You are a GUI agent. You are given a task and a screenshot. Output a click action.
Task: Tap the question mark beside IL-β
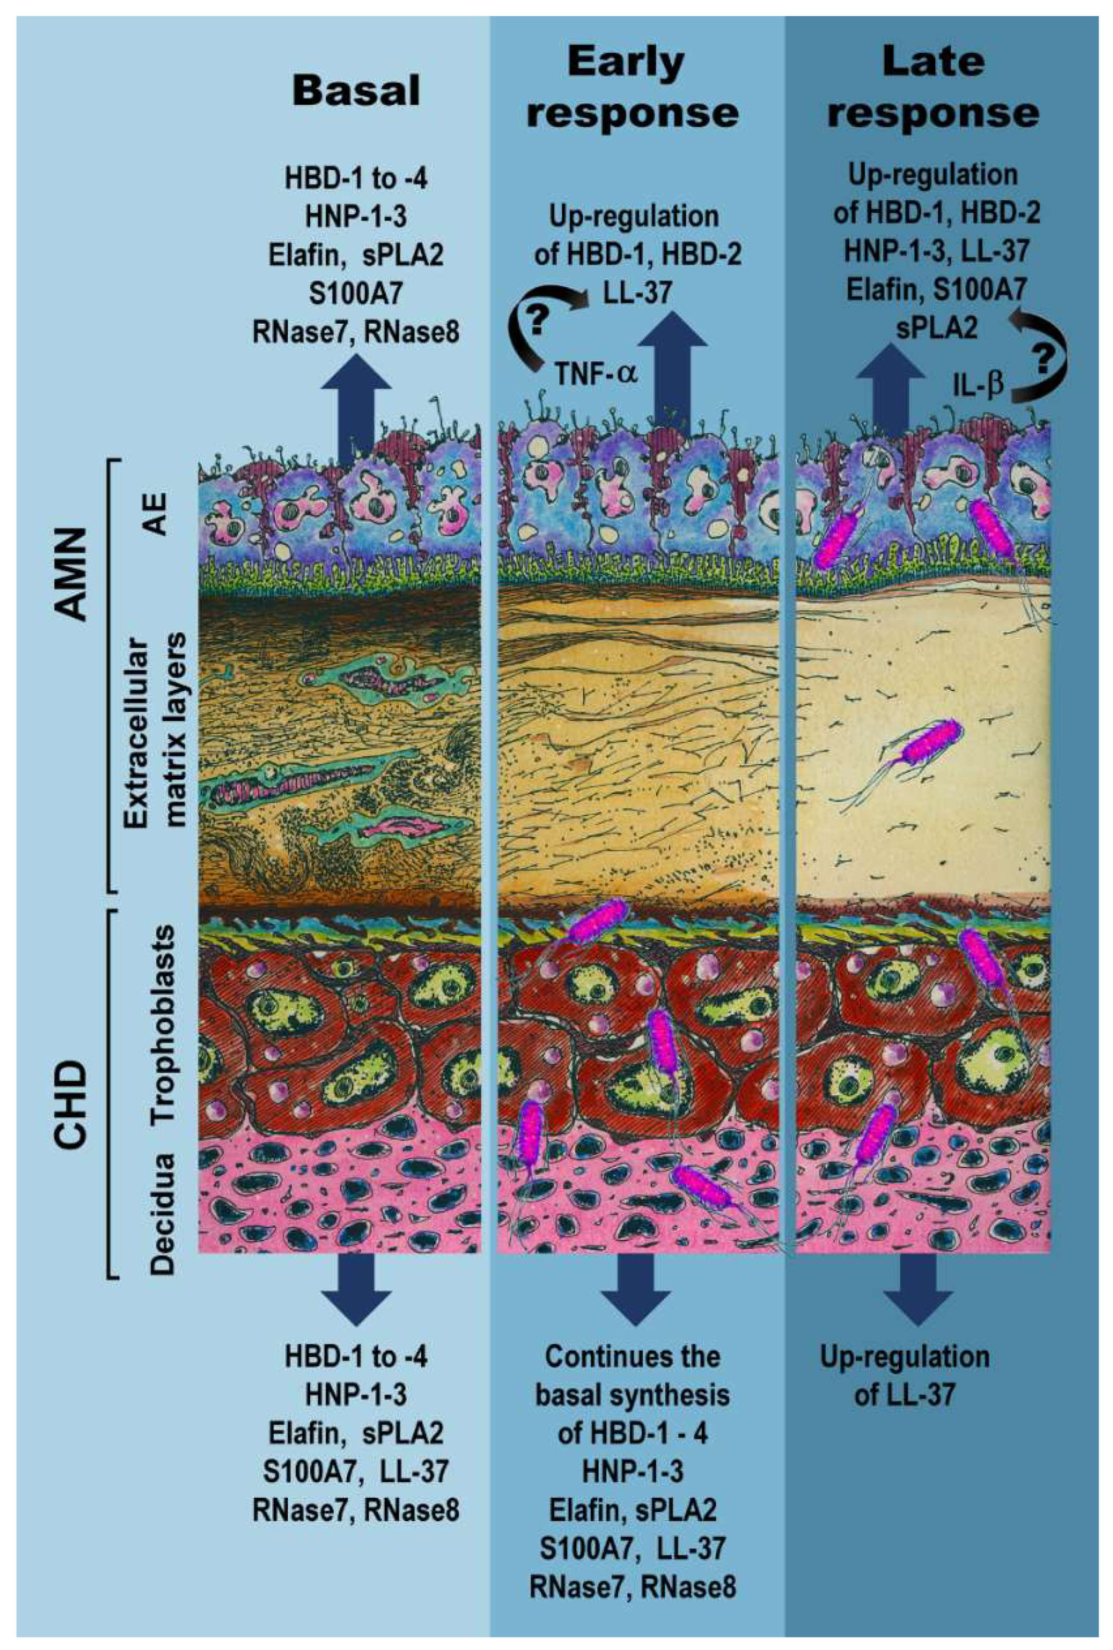[x=1042, y=360]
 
